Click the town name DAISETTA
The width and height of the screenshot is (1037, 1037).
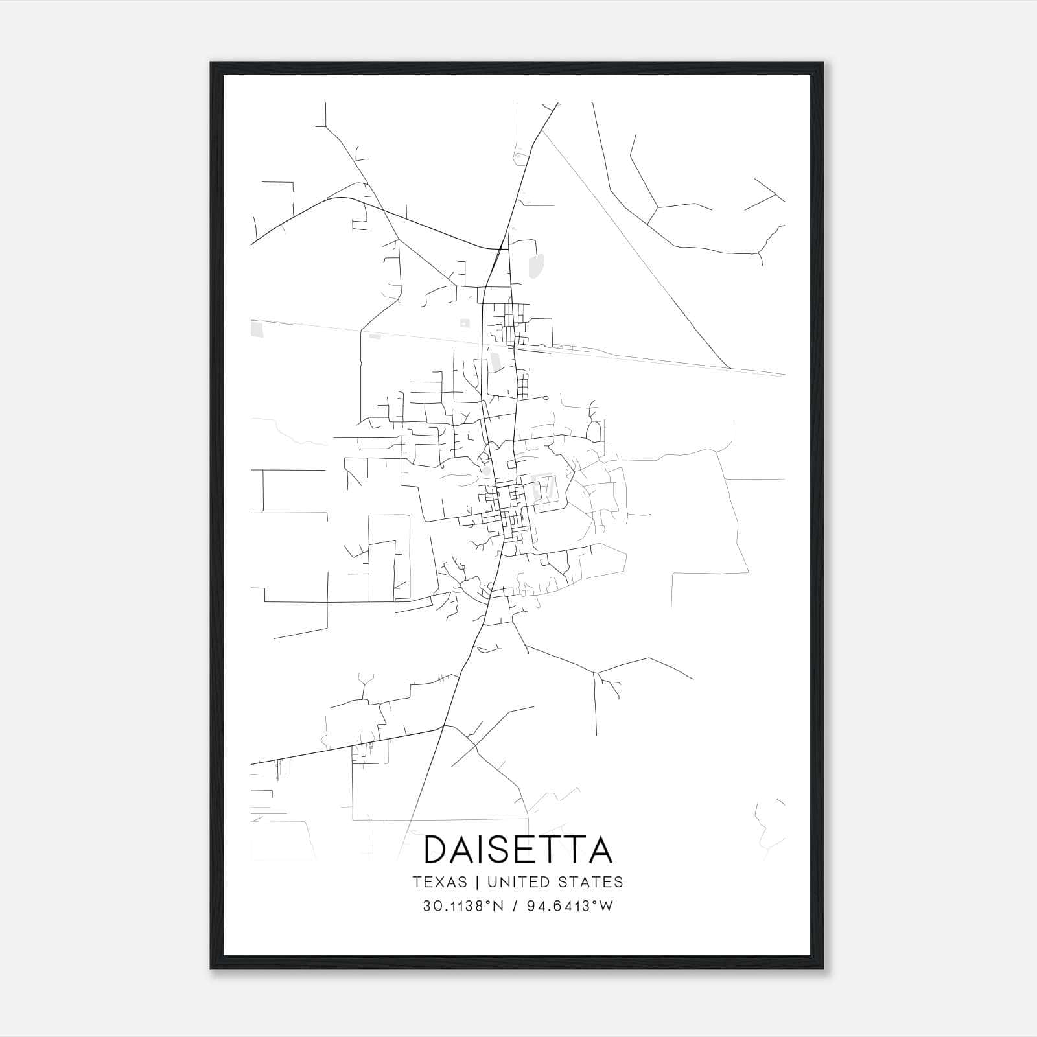pos(518,850)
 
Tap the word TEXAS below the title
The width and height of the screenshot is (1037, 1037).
pos(439,881)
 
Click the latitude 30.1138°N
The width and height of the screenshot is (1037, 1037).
pos(463,906)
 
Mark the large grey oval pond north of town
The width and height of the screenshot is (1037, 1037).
pos(536,265)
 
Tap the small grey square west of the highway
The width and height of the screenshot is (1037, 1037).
pos(464,323)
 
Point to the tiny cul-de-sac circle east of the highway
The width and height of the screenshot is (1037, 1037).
pos(546,397)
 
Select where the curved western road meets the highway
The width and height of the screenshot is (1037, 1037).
pos(504,248)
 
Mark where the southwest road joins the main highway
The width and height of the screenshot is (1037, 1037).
pos(442,727)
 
